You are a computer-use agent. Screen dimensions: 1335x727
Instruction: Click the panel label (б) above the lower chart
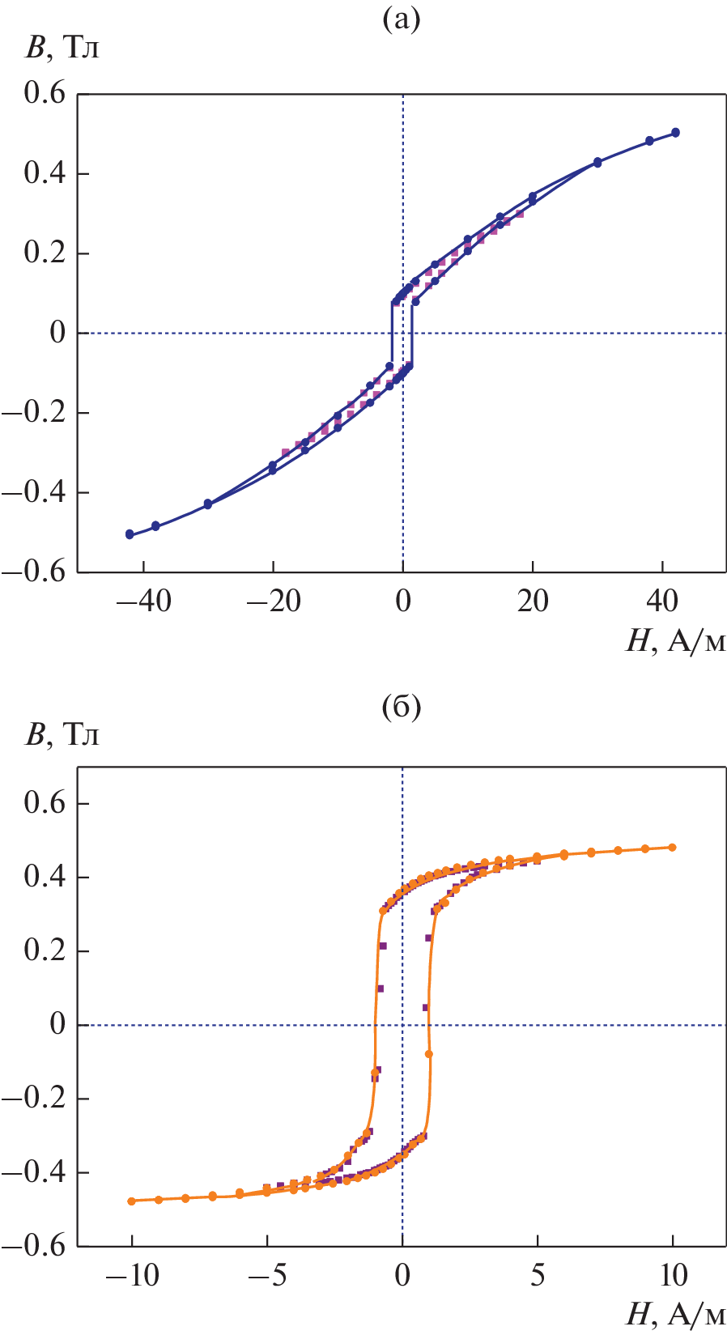click(402, 708)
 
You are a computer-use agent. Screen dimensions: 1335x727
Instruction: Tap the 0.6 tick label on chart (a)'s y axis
click(45, 94)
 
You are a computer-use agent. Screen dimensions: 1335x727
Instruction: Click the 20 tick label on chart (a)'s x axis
click(533, 601)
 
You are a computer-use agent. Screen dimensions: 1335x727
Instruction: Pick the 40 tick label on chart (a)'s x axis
click(662, 601)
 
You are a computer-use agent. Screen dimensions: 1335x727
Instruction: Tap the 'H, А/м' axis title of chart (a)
click(675, 641)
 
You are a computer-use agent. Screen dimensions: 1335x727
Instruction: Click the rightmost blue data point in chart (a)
click(675, 133)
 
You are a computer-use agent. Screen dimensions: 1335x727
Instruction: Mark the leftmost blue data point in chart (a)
click(130, 534)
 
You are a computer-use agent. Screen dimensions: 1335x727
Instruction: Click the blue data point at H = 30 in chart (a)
click(597, 163)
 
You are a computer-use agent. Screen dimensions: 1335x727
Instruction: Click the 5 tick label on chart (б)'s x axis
click(538, 1276)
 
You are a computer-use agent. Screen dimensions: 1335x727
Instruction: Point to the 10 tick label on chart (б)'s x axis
click(672, 1276)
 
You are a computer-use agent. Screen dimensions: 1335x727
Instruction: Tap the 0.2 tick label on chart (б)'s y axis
click(45, 950)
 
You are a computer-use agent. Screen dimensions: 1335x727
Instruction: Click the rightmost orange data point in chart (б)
click(672, 848)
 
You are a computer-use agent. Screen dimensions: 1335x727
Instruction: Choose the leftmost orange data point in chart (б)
click(131, 1201)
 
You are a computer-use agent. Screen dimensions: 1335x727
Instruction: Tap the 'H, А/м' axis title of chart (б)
click(675, 1315)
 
